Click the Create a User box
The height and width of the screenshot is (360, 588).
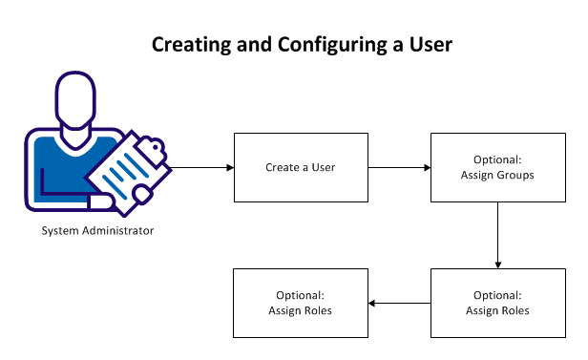click(301, 167)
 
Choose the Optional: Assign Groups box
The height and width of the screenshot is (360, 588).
click(497, 167)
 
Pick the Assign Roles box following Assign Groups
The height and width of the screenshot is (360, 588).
click(497, 304)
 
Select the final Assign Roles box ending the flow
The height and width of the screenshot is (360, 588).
click(301, 304)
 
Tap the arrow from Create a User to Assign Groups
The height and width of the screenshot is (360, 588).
click(399, 167)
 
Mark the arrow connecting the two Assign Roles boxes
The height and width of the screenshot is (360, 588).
click(399, 304)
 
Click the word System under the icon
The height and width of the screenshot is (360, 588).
click(59, 231)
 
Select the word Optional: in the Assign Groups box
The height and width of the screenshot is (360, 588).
click(497, 159)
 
